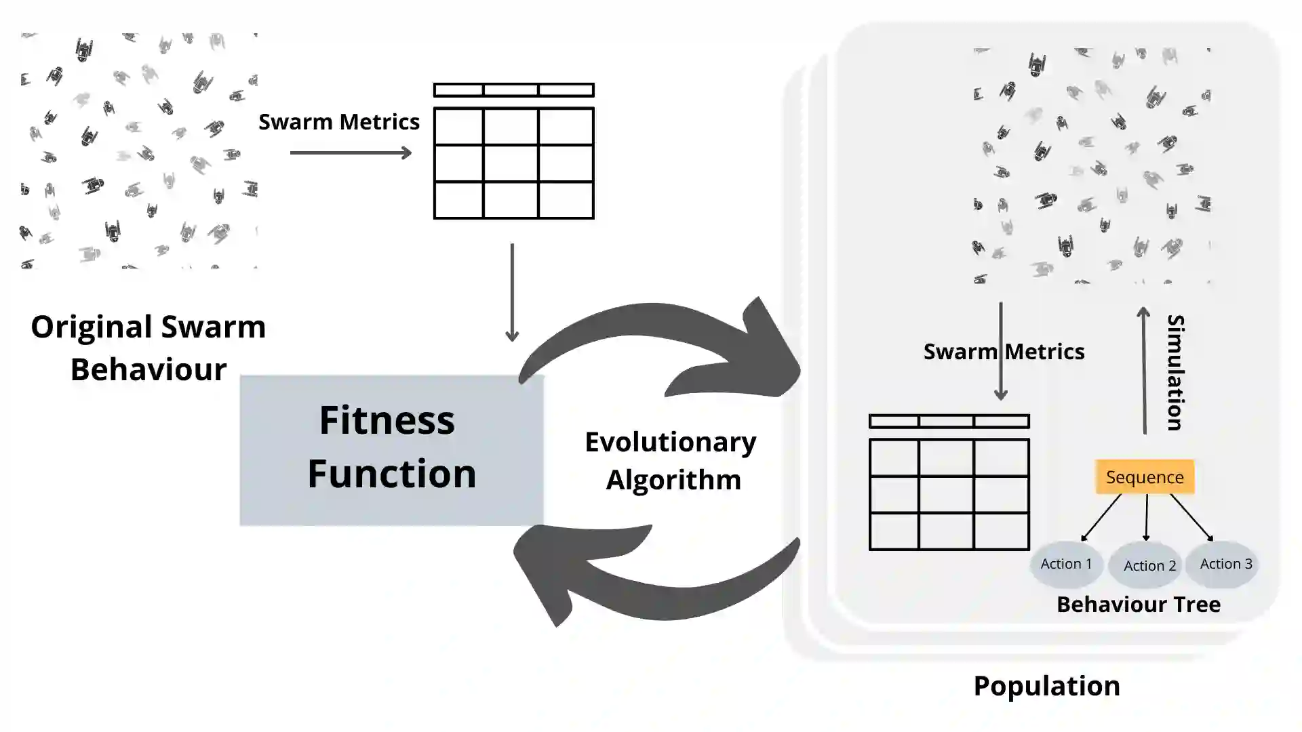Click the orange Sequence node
click(x=1145, y=477)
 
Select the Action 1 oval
click(x=1066, y=564)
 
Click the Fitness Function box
click(x=391, y=450)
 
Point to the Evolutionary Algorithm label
click(x=671, y=461)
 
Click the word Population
click(x=1046, y=686)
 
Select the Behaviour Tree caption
click(x=1138, y=604)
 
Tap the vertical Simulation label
click(x=1175, y=372)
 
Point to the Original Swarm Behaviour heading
click(x=149, y=348)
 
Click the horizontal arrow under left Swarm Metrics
click(x=351, y=153)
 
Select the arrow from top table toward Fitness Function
click(x=512, y=291)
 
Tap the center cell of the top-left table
click(x=511, y=163)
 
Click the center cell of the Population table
click(x=946, y=495)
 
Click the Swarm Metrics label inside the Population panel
click(x=1004, y=352)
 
